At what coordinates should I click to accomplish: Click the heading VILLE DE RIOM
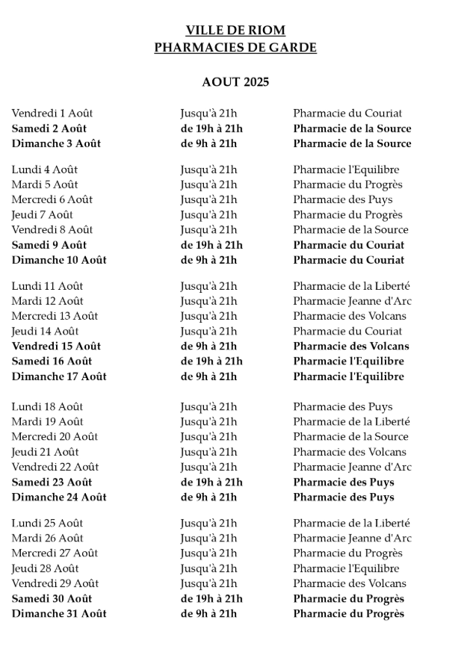point(235,31)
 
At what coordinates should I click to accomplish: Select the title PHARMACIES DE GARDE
point(235,48)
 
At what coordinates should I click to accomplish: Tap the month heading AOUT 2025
point(235,82)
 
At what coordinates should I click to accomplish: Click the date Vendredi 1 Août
point(52,114)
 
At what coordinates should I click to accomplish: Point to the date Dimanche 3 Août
point(56,143)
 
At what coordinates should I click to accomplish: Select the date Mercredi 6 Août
point(52,199)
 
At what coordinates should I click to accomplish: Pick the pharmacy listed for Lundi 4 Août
point(346,170)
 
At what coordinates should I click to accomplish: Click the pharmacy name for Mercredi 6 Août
point(343,199)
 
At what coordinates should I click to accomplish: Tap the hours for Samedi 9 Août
point(211,245)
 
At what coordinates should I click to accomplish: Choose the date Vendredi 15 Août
point(56,346)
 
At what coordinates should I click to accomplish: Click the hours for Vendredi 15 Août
point(208,346)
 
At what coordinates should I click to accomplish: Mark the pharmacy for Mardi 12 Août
point(352,301)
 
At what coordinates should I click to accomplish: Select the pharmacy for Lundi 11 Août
point(351,286)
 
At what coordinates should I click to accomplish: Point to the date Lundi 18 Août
point(47,407)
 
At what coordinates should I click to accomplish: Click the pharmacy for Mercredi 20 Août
point(350,437)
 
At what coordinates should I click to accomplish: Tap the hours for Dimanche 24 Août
point(208,497)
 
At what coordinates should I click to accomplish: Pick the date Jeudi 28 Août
point(45,568)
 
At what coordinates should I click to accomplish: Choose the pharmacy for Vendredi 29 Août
point(350,583)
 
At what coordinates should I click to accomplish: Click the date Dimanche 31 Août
point(59,613)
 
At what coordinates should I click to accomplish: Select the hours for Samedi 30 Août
point(211,598)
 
